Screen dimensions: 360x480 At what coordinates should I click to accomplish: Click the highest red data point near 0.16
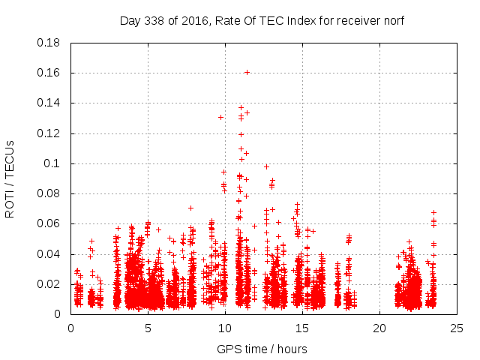click(x=247, y=72)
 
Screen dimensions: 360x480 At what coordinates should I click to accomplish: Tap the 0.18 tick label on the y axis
click(x=49, y=43)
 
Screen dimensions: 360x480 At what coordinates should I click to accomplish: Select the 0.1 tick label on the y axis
click(x=54, y=163)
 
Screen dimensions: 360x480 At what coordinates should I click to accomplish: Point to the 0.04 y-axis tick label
click(x=49, y=254)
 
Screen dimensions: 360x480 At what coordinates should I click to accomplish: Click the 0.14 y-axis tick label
click(x=49, y=103)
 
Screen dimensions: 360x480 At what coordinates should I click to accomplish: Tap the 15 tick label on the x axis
click(x=302, y=328)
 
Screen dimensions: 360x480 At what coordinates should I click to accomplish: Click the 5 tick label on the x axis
click(x=148, y=328)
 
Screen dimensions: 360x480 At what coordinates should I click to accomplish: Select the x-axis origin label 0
click(x=70, y=328)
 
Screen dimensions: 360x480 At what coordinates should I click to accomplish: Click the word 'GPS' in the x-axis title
click(x=228, y=349)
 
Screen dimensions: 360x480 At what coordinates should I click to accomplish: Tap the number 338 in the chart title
click(x=156, y=20)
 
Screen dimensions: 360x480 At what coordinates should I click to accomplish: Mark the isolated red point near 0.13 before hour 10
click(x=220, y=117)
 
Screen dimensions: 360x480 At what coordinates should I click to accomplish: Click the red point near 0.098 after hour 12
click(x=266, y=166)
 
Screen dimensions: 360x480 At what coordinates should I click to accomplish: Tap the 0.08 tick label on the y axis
click(x=49, y=193)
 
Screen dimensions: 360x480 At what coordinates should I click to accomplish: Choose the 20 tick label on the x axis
click(x=379, y=328)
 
